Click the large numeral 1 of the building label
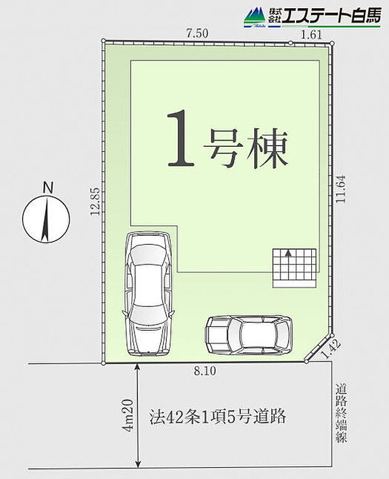tap(181, 140)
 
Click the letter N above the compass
tap(46, 187)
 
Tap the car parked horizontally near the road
tap(249, 333)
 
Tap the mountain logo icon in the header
tap(254, 17)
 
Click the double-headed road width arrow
tap(137, 415)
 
